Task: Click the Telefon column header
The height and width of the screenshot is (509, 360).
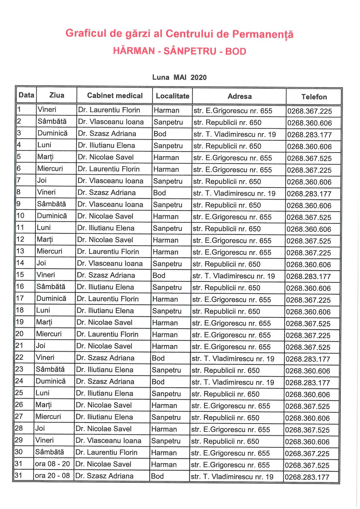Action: (314, 97)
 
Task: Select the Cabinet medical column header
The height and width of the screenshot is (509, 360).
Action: (115, 96)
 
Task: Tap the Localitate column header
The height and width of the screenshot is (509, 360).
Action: (172, 96)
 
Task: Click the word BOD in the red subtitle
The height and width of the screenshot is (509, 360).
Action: (236, 51)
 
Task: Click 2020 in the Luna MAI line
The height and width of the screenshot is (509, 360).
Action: (199, 77)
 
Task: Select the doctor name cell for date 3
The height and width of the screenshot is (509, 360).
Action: (107, 133)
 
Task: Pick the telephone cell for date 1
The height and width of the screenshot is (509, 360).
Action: (309, 111)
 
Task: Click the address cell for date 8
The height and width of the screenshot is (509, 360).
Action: (234, 193)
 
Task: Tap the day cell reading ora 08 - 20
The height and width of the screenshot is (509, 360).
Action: (52, 464)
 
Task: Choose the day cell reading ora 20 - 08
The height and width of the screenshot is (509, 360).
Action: (52, 476)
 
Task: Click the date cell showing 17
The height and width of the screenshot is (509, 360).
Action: (20, 298)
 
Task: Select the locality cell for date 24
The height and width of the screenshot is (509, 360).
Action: (158, 382)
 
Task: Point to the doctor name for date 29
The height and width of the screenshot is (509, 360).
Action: (108, 441)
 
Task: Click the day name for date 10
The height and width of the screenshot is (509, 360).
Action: (52, 216)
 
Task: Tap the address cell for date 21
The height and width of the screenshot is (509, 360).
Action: (231, 347)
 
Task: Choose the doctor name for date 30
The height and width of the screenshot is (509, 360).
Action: (106, 452)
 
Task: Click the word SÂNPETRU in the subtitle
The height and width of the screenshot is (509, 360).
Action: (190, 51)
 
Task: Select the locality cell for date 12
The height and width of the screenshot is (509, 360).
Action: (165, 240)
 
